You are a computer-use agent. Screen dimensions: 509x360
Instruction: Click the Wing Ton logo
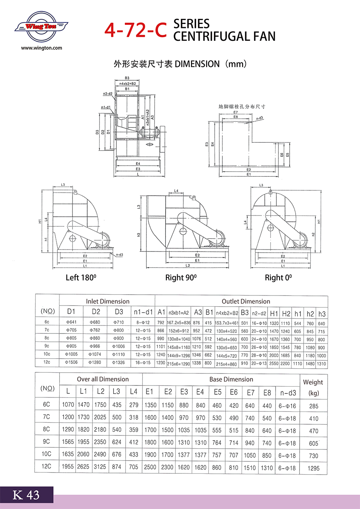coord(41,27)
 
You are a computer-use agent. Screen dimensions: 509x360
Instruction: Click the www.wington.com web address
coord(42,48)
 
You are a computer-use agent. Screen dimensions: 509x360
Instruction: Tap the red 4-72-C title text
coord(135,30)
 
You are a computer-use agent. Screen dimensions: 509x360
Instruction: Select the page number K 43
coord(26,495)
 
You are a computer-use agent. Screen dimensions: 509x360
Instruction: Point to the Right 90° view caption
coord(181,277)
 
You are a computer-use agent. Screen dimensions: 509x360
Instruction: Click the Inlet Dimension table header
coord(108,301)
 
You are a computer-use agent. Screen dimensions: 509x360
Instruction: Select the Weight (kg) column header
coord(313,387)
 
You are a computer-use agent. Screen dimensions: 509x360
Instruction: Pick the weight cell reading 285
coord(314,405)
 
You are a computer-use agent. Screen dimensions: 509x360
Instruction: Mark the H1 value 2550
coord(274,364)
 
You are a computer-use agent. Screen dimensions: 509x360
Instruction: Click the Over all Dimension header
coord(103,379)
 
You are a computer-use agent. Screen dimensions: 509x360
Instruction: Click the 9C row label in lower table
coord(47,442)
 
